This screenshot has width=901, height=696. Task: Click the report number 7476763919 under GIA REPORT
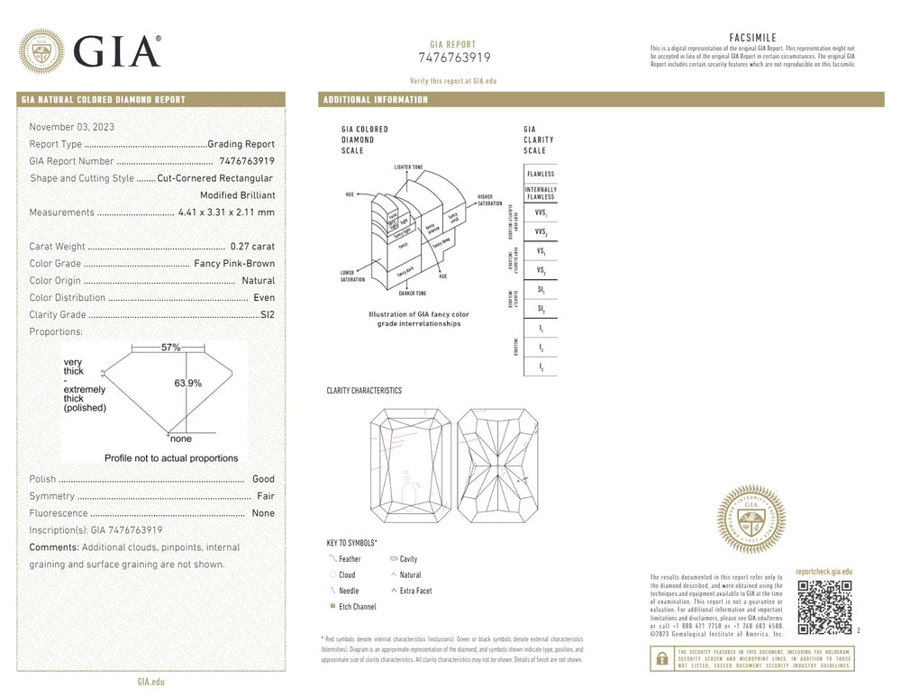coord(454,58)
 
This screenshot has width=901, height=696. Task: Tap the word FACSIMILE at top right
coord(752,37)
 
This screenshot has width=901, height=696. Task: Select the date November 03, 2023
coord(71,127)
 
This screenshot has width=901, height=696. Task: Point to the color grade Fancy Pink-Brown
coord(234,263)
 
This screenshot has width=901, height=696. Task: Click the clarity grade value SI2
coord(267,314)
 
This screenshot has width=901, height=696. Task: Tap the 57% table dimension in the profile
coord(171,347)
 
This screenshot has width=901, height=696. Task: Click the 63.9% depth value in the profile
coord(187,383)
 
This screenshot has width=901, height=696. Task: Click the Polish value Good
coord(263,479)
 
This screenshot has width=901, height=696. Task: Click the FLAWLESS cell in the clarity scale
coord(541,174)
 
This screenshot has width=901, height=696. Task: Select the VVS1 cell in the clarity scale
coord(541,213)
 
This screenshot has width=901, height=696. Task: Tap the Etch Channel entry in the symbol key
coord(357,607)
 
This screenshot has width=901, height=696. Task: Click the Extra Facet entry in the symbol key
coord(415,591)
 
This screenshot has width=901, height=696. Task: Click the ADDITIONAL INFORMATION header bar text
coord(376,100)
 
